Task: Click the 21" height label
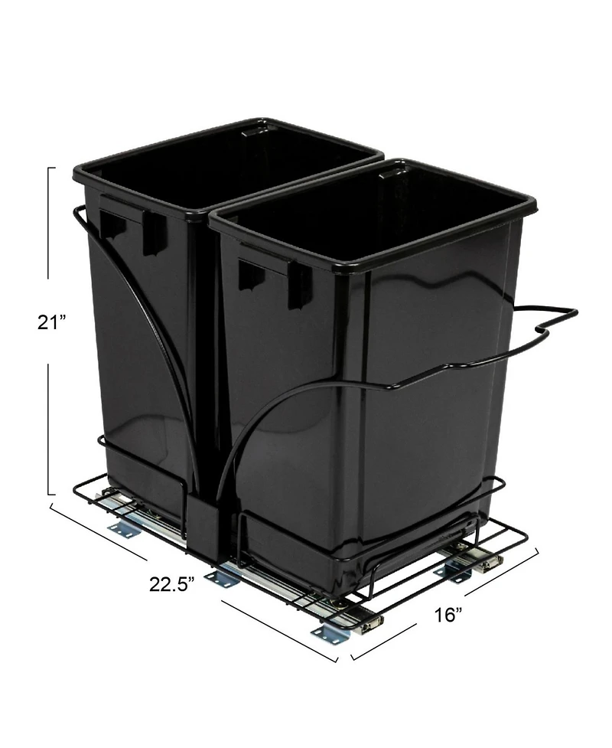[x=52, y=322]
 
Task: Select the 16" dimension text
[x=447, y=614]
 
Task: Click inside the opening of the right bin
[x=367, y=222]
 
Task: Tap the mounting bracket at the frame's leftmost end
[x=123, y=529]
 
